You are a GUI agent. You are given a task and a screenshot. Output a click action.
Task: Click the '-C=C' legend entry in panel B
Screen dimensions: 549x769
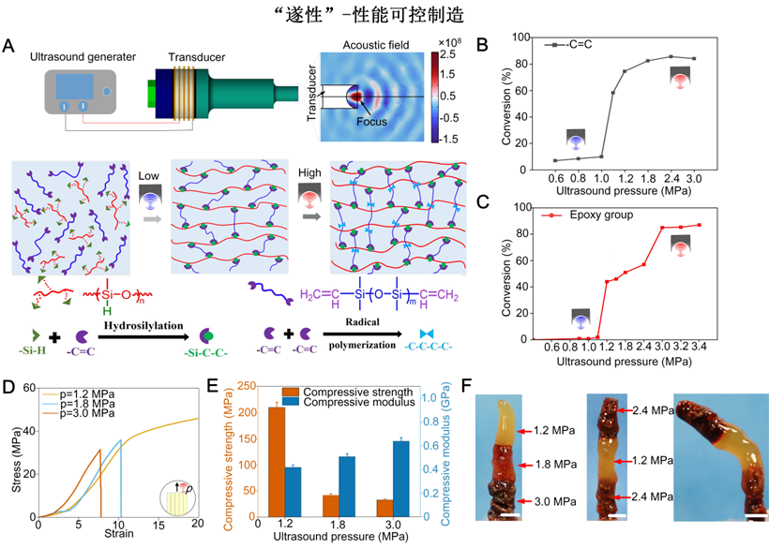[590, 45]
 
